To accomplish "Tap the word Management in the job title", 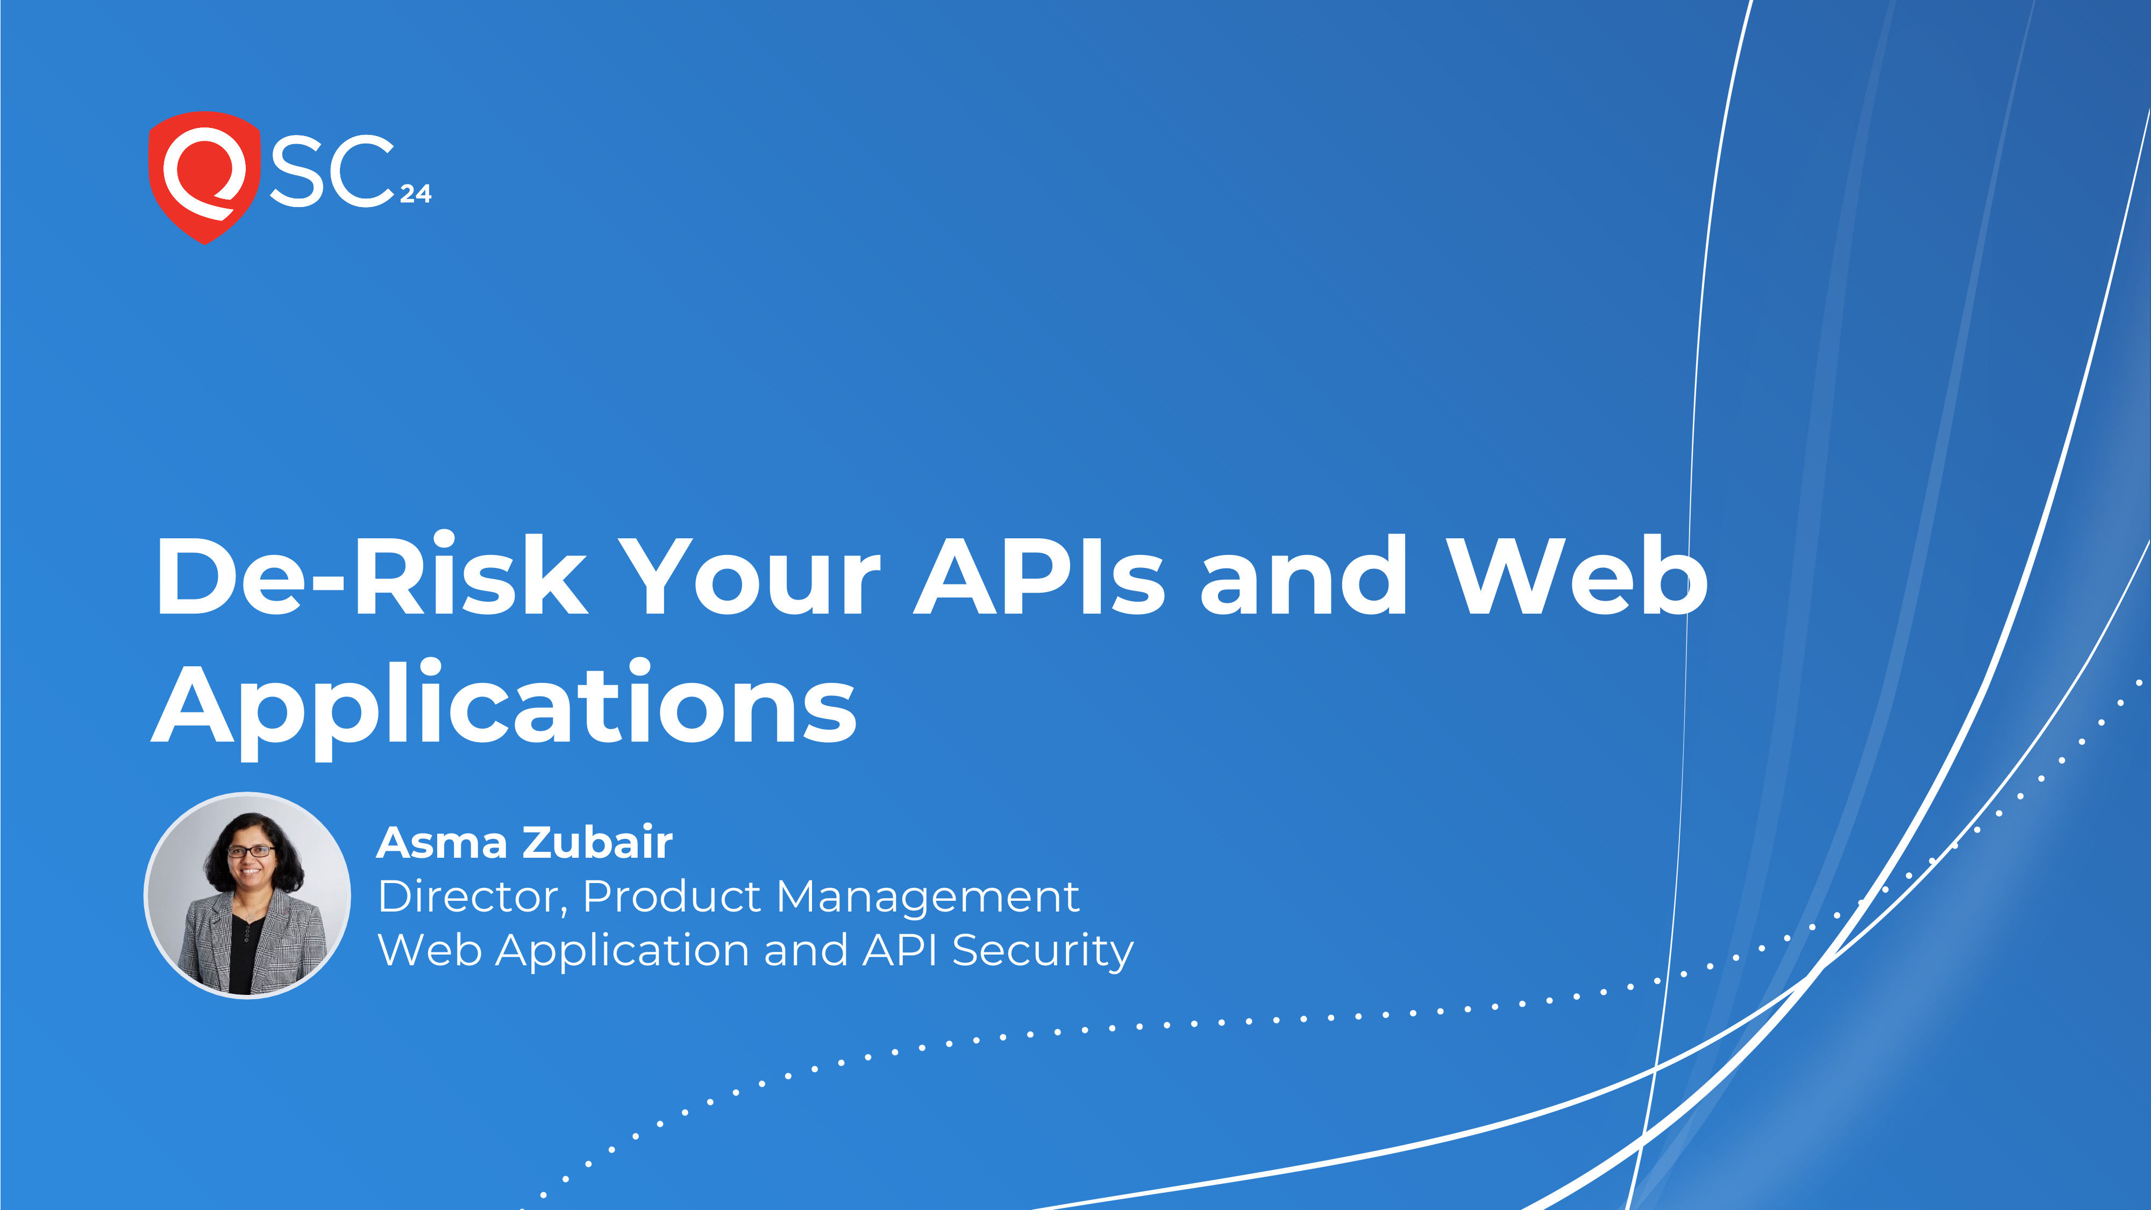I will pos(927,898).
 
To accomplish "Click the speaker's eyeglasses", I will pos(251,852).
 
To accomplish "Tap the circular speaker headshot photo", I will pos(247,895).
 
